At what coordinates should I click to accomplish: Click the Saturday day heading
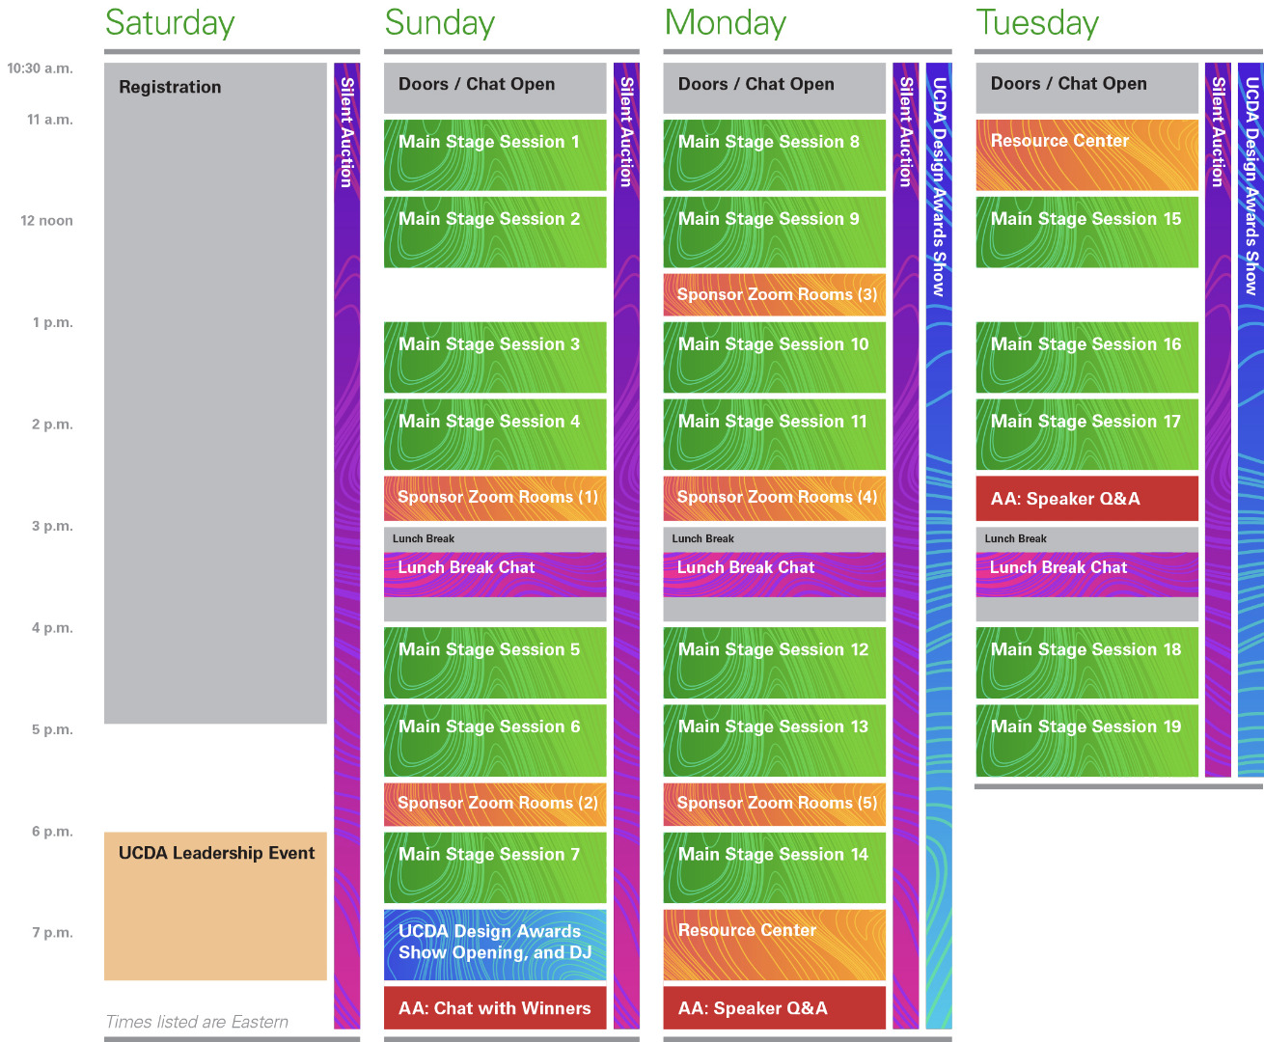(170, 23)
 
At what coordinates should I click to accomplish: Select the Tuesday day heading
(1037, 23)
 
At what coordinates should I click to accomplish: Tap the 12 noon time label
(46, 221)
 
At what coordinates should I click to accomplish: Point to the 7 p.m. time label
(52, 933)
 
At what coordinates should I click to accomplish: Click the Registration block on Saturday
(215, 386)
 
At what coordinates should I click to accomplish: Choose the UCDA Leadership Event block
(215, 905)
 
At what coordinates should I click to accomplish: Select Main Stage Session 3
(495, 357)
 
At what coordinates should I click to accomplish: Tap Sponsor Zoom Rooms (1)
(495, 498)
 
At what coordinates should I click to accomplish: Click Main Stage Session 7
(495, 866)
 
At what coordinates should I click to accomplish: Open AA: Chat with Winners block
(495, 1008)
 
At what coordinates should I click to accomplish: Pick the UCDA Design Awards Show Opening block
(495, 944)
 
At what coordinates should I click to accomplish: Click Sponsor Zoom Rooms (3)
(774, 295)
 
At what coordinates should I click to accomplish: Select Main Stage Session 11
(774, 434)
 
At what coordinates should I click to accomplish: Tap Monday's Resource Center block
(774, 944)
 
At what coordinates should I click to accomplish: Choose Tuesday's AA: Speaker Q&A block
(1086, 499)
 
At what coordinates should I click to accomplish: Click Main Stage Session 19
(1086, 740)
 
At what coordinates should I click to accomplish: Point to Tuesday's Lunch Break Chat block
(1086, 573)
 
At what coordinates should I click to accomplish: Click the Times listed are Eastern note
(197, 1022)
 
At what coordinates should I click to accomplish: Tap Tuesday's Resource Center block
(1086, 154)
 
